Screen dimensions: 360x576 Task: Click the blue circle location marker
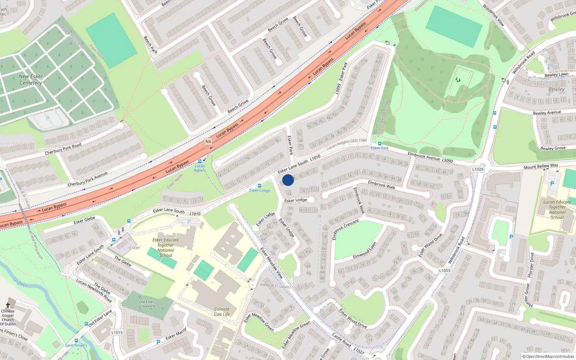coord(288,180)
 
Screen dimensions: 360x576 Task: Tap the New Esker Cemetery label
coord(31,80)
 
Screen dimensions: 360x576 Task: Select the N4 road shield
coord(208,141)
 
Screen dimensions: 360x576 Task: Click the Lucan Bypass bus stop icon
coord(200,161)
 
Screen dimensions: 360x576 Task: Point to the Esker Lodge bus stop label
coord(260,190)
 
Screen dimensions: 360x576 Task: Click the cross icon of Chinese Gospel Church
coord(8,305)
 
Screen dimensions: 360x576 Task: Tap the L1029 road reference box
coord(478,169)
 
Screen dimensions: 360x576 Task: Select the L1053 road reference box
coord(445,270)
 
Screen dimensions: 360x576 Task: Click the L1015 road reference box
coord(117,333)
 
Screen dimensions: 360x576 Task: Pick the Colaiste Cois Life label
coord(222,312)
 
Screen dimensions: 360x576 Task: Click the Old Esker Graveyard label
coord(147,304)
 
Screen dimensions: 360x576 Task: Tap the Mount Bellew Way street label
coord(541,166)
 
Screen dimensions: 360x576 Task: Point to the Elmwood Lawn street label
coord(365,250)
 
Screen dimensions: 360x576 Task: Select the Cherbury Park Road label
coord(63,149)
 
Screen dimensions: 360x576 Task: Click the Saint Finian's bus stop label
coord(76,345)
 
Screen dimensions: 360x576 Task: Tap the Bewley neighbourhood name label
coord(557,89)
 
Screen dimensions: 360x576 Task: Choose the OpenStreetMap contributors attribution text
coord(548,357)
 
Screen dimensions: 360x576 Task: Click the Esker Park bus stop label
coord(380,148)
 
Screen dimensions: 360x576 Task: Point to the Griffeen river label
coord(20,283)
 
